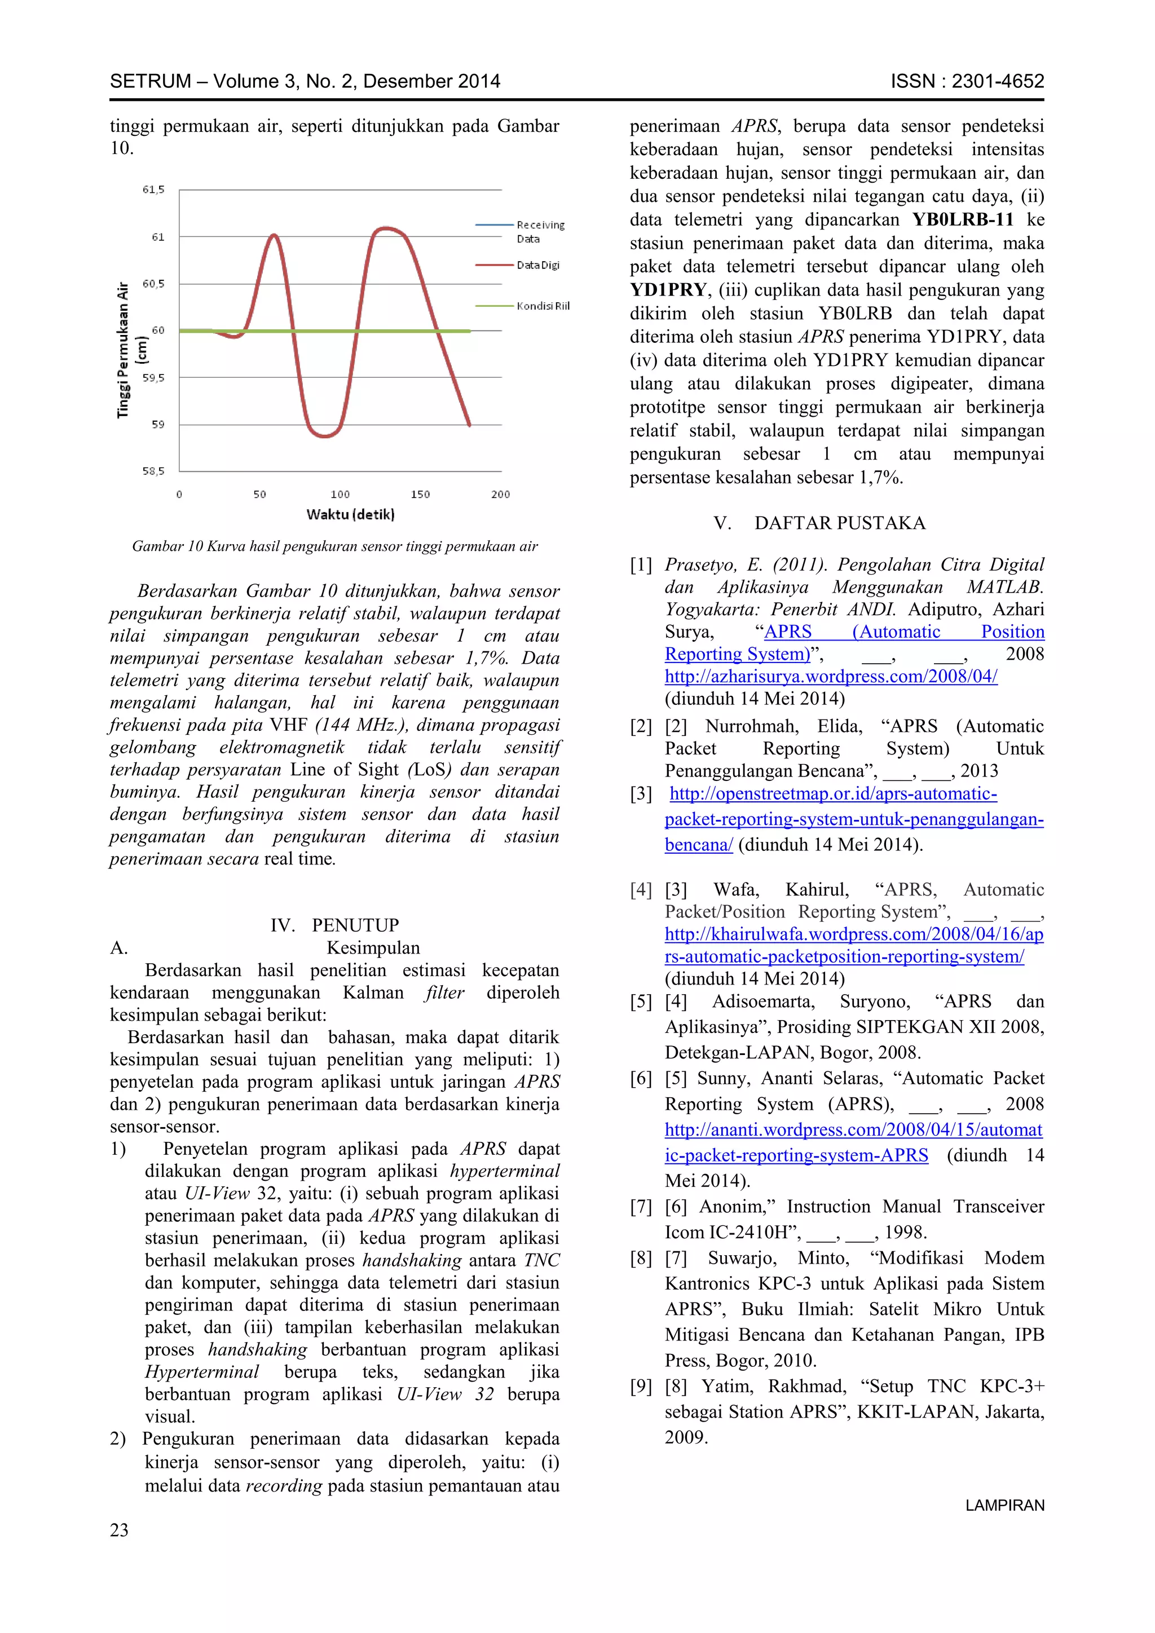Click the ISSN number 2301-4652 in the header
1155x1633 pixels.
(x=997, y=81)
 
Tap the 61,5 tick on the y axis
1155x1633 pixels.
(x=153, y=189)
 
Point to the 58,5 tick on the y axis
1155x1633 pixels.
(x=153, y=471)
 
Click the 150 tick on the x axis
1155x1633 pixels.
(x=420, y=495)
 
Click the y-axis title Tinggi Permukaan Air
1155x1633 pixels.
(x=124, y=350)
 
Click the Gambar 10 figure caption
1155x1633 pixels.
(x=334, y=546)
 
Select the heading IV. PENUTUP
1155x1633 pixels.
(x=334, y=925)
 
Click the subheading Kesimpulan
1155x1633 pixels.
(x=373, y=947)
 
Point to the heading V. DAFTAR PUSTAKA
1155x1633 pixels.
(x=819, y=523)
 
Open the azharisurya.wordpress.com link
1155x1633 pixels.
(x=831, y=677)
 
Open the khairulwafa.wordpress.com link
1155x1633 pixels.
(x=853, y=934)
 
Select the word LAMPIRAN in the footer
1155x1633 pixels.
(x=1004, y=1505)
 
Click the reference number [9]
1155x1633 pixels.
(x=641, y=1386)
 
